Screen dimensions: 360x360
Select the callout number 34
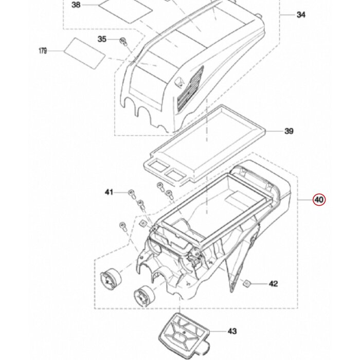(301, 15)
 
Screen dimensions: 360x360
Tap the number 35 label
(102, 40)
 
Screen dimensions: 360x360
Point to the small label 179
(43, 50)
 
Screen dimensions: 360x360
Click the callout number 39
(289, 132)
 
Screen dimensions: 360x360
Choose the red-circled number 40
(319, 200)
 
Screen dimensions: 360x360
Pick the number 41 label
(109, 192)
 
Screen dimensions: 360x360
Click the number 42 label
(273, 283)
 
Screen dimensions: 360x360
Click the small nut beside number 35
(122, 41)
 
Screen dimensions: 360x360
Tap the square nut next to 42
(247, 282)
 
